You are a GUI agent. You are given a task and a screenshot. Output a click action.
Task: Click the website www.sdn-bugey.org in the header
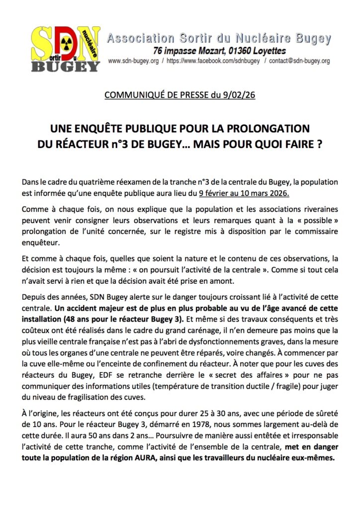(133, 62)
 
